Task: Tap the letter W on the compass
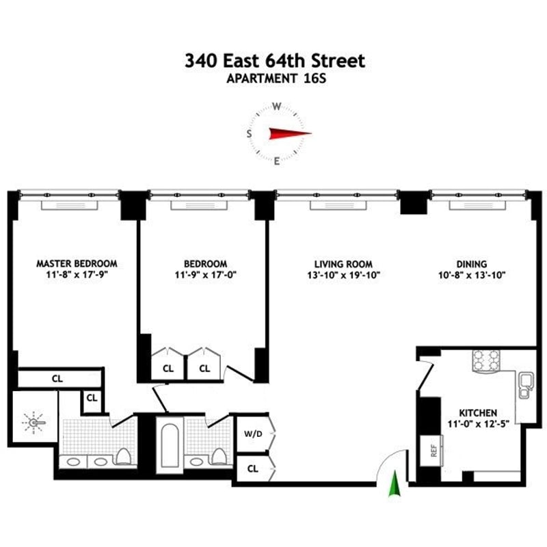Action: (277, 107)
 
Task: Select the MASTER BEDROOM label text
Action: (77, 263)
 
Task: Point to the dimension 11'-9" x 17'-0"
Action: (205, 275)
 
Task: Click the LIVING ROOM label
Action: (343, 263)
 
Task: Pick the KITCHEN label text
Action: (478, 413)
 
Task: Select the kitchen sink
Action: (525, 384)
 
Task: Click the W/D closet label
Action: (252, 433)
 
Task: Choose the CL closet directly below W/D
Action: (252, 468)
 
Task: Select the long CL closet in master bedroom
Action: (58, 377)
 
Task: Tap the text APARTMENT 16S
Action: (274, 79)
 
